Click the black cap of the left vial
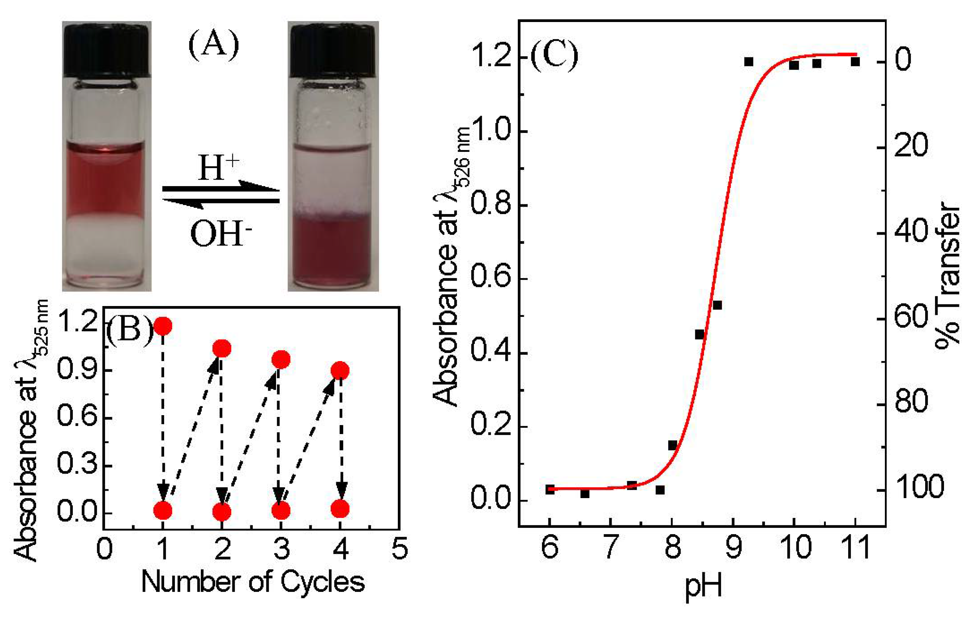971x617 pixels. (106, 50)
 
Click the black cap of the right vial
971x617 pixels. (333, 50)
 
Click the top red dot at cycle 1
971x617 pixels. (163, 326)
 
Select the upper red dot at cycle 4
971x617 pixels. (340, 370)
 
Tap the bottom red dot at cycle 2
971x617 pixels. (222, 512)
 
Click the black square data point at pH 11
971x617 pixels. (855, 62)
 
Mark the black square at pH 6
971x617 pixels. (550, 489)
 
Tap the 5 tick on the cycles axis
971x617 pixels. (399, 549)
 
